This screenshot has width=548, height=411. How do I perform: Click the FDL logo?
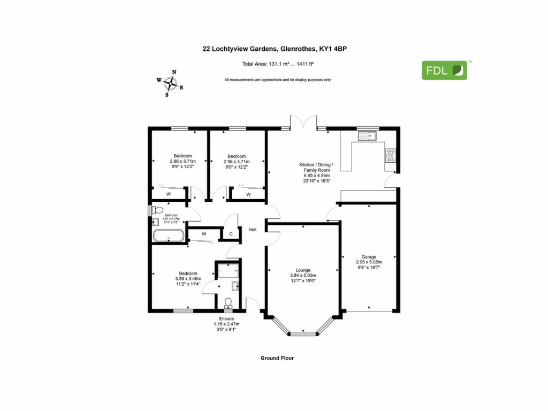pos(444,70)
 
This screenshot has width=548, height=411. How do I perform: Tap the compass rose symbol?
pos(171,83)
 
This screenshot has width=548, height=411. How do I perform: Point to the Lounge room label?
pos(303,270)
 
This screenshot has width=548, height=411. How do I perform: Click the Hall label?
pos(253,230)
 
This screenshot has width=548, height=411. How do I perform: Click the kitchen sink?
pos(368,136)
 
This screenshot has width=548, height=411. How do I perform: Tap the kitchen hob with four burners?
pos(390,155)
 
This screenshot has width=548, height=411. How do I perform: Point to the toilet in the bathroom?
pos(157,210)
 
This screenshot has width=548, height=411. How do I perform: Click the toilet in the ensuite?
pos(229,303)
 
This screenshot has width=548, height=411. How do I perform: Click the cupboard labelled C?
pos(231,233)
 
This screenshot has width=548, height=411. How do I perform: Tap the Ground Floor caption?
pos(277,358)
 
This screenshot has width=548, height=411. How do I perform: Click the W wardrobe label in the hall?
pos(204,234)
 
